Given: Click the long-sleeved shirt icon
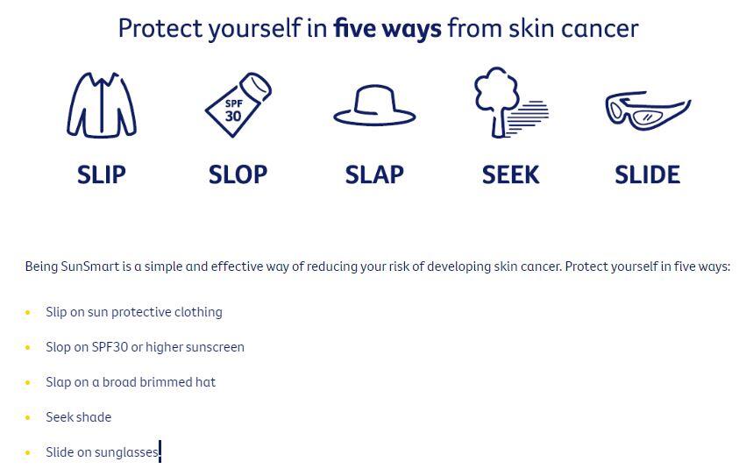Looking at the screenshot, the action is [102, 104].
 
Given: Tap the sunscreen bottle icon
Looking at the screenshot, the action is [238, 104].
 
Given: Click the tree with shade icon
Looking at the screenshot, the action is [511, 103].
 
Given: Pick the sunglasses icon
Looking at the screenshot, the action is [648, 110].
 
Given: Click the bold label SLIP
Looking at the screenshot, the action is [102, 174].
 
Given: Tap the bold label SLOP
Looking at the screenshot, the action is [238, 174].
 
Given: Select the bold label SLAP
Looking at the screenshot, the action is [374, 174].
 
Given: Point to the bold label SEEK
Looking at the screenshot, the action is [510, 174].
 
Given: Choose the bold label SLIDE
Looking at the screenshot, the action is [648, 174].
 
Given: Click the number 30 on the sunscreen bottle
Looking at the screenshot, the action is [233, 116].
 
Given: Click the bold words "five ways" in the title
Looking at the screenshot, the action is [387, 28].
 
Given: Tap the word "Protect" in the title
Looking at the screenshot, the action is [160, 28].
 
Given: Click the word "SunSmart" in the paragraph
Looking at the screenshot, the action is [90, 266].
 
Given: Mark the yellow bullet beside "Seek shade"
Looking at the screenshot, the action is [28, 417].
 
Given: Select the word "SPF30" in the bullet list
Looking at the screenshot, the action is [110, 347].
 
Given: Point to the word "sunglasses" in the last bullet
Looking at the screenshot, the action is [126, 453].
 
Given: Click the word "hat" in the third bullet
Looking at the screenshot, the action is [205, 381].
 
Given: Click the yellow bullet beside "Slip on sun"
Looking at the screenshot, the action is [28, 312].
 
